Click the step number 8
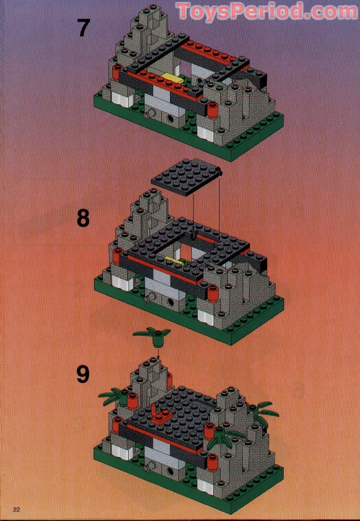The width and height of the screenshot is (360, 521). pos(83,218)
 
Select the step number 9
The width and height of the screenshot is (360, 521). pos(83,375)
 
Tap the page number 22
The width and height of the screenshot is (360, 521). pos(17,509)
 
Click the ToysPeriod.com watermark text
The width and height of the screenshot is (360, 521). pos(267,11)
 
